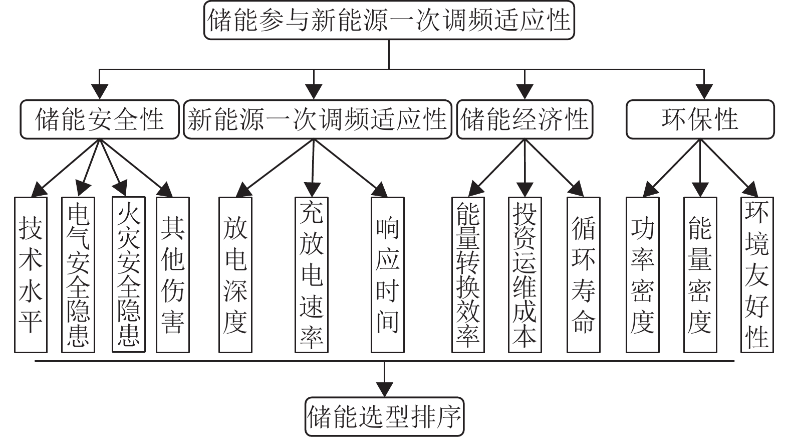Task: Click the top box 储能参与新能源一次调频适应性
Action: [x=389, y=21]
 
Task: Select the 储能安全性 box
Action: [x=100, y=120]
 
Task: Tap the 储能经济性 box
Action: [x=524, y=120]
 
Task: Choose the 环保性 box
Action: [x=700, y=120]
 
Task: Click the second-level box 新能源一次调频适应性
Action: [x=317, y=120]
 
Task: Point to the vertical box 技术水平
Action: [x=31, y=274]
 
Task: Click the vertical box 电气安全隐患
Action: [x=78, y=274]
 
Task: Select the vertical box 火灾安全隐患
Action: [x=128, y=274]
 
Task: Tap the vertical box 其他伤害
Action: [x=172, y=274]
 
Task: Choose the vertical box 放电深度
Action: [x=235, y=274]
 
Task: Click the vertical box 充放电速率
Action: [x=311, y=274]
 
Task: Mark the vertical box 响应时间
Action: [x=387, y=274]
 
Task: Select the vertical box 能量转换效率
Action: [x=468, y=274]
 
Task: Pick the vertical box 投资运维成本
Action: [x=524, y=274]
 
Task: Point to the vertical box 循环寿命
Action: [x=583, y=274]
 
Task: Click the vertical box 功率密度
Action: [x=642, y=274]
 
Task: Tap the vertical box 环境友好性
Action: [x=757, y=274]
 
